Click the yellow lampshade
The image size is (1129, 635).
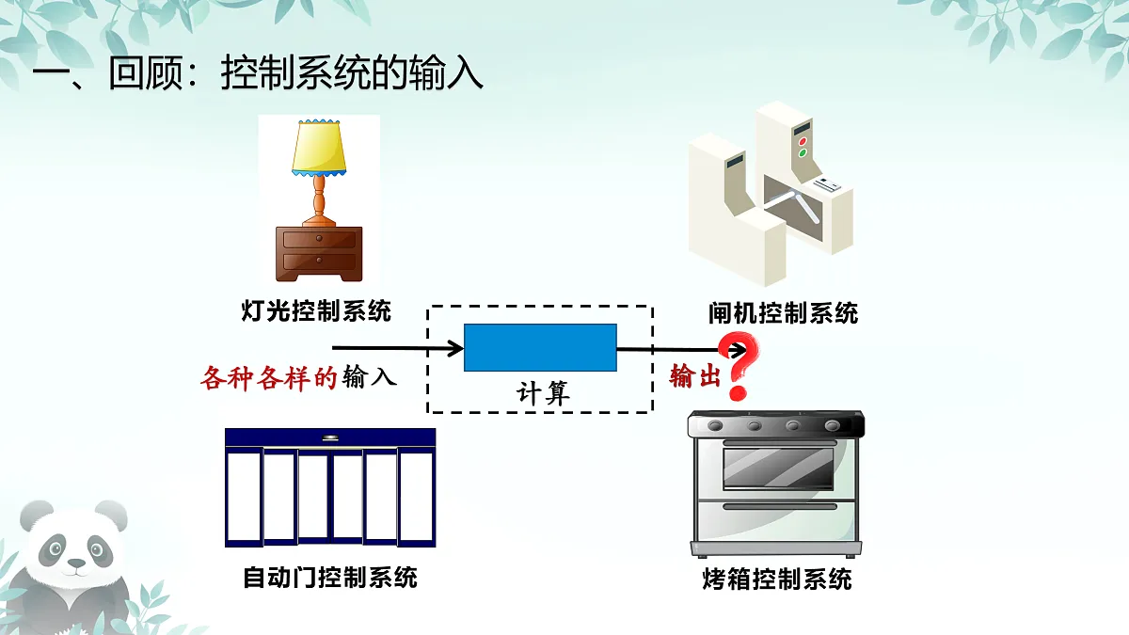pyautogui.click(x=319, y=148)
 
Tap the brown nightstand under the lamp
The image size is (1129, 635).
pyautogui.click(x=319, y=253)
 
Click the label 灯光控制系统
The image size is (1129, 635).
pyautogui.click(x=316, y=311)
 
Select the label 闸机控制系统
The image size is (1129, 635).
pyautogui.click(x=783, y=313)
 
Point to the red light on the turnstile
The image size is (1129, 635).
pyautogui.click(x=803, y=142)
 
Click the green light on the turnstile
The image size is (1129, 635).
pyautogui.click(x=803, y=152)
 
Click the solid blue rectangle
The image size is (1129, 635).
pyautogui.click(x=540, y=348)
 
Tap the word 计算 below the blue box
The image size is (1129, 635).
pyautogui.click(x=543, y=393)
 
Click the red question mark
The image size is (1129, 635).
pyautogui.click(x=739, y=365)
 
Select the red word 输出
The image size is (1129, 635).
pyautogui.click(x=695, y=376)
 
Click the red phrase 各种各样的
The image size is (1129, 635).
pyautogui.click(x=269, y=377)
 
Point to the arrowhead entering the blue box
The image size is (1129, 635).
pyautogui.click(x=456, y=348)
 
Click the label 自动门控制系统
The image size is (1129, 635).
pyautogui.click(x=330, y=578)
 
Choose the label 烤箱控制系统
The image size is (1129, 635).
pyautogui.click(x=777, y=579)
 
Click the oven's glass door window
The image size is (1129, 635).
pyautogui.click(x=778, y=468)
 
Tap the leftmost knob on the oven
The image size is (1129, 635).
pyautogui.click(x=715, y=426)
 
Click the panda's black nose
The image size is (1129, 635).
pyautogui.click(x=76, y=562)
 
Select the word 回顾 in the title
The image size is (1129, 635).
pyautogui.click(x=146, y=73)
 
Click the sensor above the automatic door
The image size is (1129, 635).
pyautogui.click(x=330, y=437)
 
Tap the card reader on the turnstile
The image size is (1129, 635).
pyautogui.click(x=827, y=185)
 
